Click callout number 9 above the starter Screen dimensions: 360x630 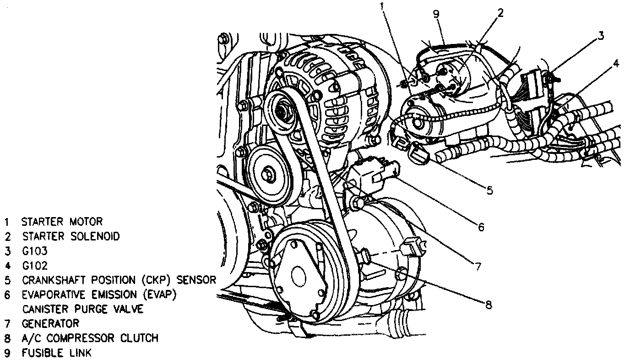click(436, 14)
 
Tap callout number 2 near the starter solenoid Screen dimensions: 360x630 click(500, 12)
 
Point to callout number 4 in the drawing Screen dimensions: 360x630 click(616, 64)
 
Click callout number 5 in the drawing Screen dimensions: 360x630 click(489, 190)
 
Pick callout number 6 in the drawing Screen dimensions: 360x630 click(481, 227)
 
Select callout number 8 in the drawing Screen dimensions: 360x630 click(489, 305)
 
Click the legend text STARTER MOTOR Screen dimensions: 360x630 click(62, 222)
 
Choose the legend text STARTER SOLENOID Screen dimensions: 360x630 click(71, 236)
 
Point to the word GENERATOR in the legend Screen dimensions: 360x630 click(50, 323)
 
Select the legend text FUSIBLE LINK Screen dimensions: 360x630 click(56, 353)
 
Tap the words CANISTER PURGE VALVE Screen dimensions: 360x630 click(82, 309)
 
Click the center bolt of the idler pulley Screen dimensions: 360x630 click(268, 174)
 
